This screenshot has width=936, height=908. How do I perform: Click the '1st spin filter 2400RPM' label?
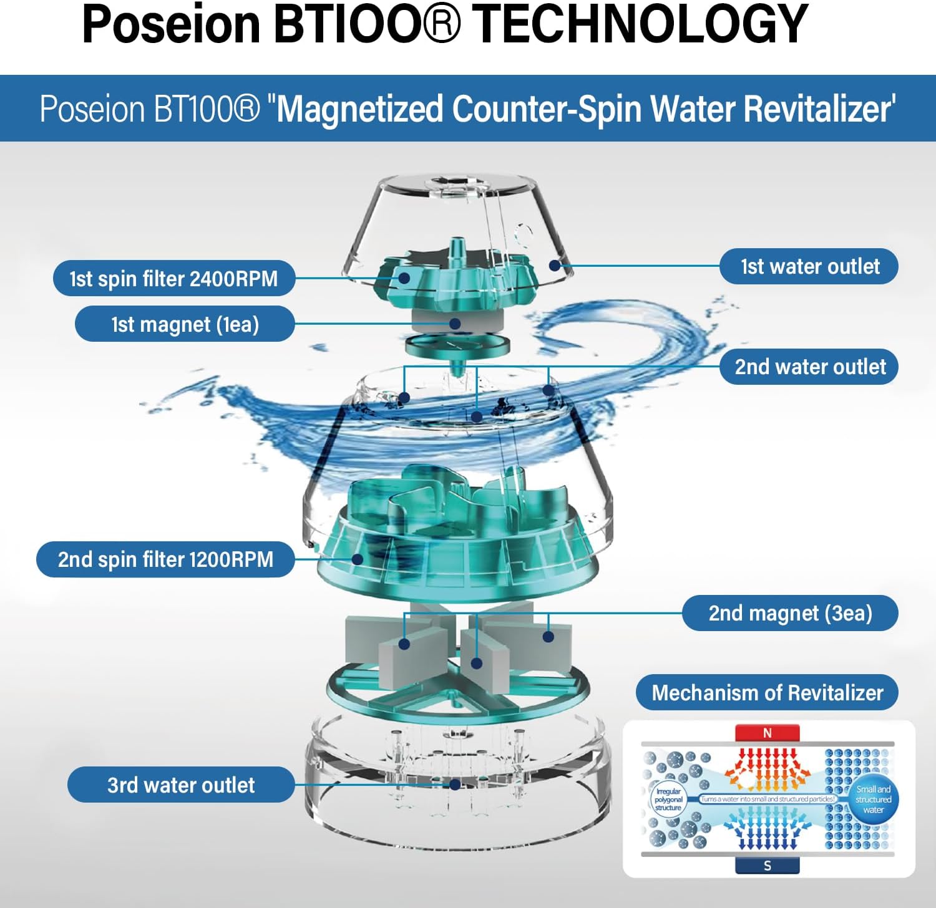173,278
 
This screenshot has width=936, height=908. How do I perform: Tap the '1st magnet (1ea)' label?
185,324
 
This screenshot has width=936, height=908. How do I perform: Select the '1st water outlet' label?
809,266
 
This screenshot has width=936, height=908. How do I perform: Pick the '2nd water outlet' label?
809,367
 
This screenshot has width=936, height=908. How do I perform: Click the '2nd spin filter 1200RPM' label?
165,559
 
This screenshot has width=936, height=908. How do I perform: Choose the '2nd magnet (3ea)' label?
790,613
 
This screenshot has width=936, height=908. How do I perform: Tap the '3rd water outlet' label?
181,785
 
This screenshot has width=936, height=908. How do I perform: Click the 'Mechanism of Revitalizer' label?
767,692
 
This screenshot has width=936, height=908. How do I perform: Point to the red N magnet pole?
768,733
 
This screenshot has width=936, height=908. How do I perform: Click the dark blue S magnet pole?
768,866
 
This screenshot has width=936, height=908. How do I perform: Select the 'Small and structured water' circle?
873,799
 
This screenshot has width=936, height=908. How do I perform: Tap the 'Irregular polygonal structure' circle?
668,799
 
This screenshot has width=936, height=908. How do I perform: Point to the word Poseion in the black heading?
171,24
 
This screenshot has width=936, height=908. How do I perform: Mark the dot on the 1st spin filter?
404,278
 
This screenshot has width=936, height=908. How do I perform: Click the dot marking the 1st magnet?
455,324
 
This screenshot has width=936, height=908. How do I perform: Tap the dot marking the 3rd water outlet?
455,785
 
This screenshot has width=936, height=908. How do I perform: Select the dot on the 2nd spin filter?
358,559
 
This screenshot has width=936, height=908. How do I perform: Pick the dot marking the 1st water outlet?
554,266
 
